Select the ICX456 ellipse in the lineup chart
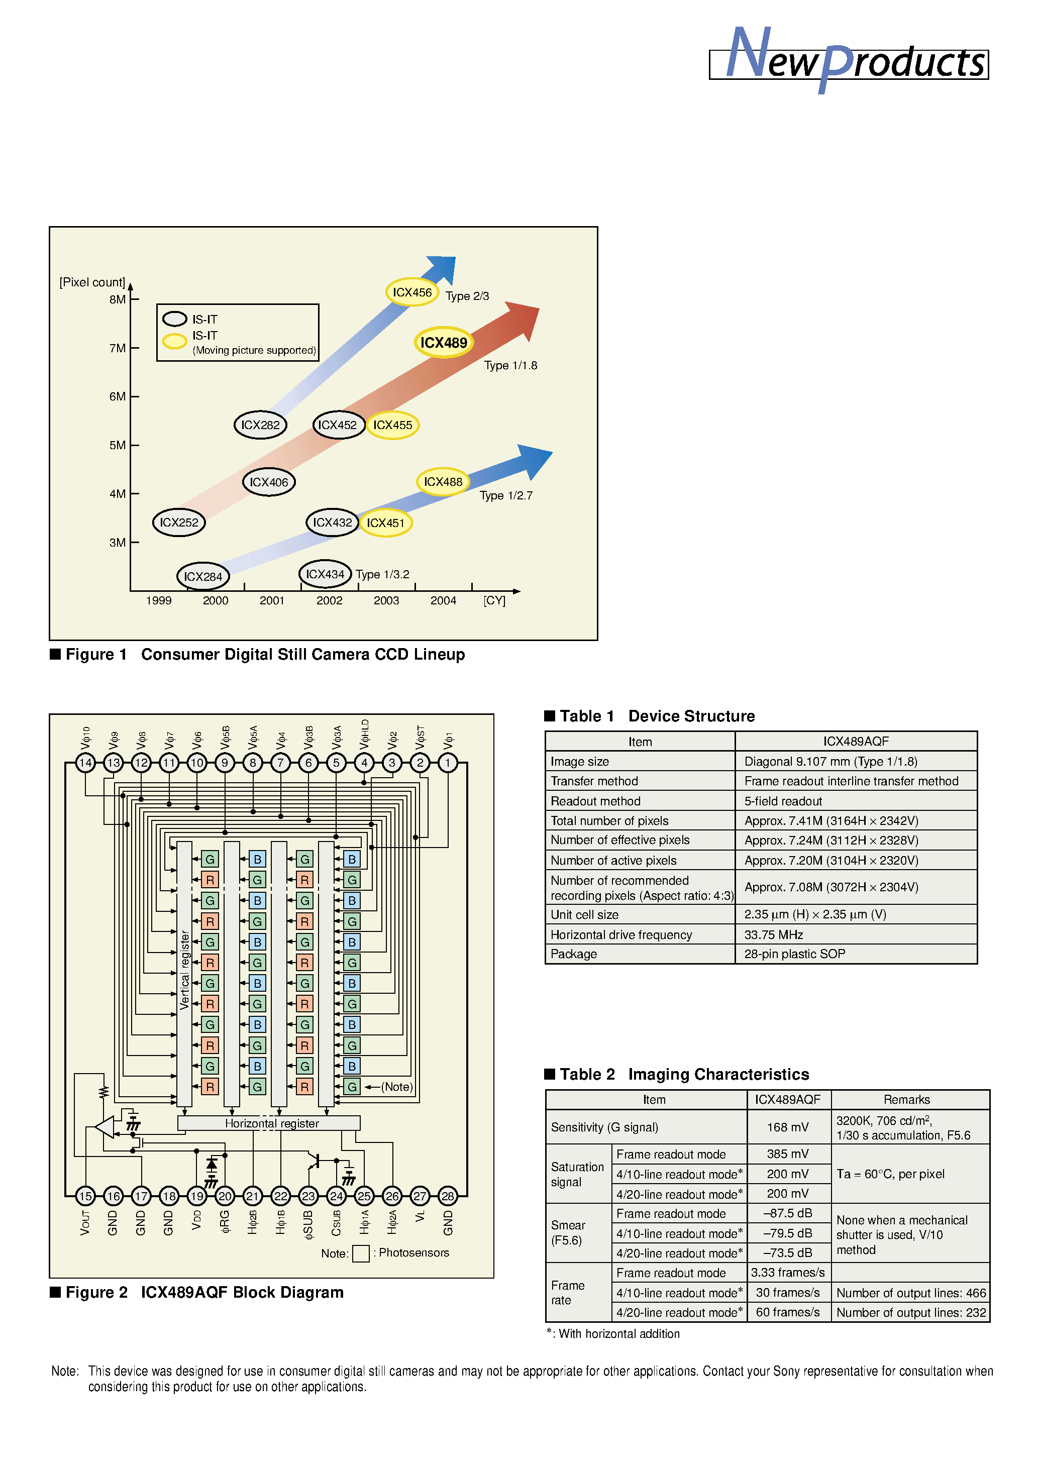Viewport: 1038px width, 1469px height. [x=412, y=292]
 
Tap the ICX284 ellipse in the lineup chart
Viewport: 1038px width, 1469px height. [x=203, y=576]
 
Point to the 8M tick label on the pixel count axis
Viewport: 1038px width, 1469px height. [x=117, y=299]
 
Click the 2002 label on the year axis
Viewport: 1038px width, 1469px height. [x=329, y=601]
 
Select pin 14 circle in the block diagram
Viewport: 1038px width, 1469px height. [x=85, y=763]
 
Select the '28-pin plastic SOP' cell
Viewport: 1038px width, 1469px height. [x=794, y=954]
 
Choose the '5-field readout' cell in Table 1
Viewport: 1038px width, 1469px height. [x=783, y=801]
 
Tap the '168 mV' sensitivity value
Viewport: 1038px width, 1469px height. [x=787, y=1127]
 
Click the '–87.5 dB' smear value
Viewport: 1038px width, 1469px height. [x=787, y=1214]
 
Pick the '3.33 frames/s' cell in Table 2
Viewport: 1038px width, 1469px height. [x=787, y=1273]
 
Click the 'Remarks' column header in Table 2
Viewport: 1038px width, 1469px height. [x=906, y=1100]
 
